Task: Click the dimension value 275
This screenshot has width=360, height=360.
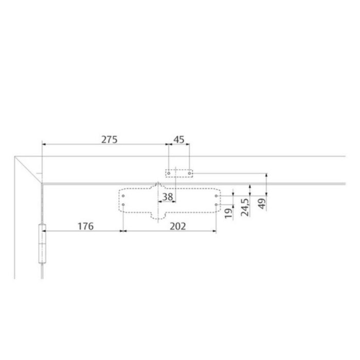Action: pos(109,139)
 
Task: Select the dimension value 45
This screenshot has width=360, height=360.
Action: pos(179,139)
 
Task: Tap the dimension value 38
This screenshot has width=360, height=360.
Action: pos(167,197)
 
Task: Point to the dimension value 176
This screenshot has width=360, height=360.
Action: pos(86,226)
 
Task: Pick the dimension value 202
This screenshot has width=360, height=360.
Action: pos(178,226)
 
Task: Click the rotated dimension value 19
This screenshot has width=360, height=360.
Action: pos(228,213)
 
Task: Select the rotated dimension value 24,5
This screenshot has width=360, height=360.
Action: pos(245,207)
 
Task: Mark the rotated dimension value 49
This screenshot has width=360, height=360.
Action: pos(262,204)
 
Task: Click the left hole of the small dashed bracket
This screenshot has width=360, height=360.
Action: pos(169,173)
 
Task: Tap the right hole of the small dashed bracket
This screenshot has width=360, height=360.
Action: pos(189,173)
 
